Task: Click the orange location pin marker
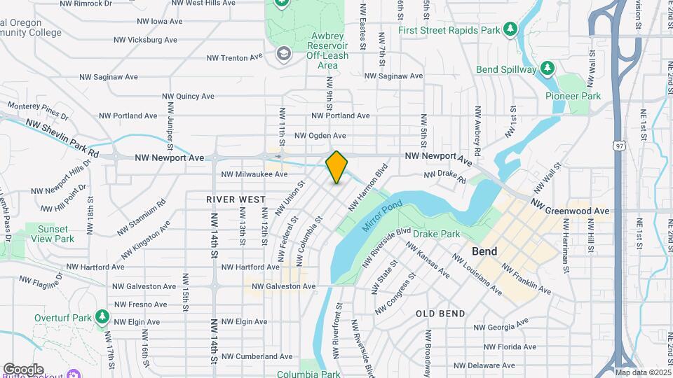pyautogui.click(x=336, y=167)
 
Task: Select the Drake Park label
pyautogui.click(x=436, y=234)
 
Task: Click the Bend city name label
pyautogui.click(x=484, y=251)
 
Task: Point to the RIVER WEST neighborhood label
pyautogui.click(x=236, y=199)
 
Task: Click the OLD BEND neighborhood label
pyautogui.click(x=441, y=314)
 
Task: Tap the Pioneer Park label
pyautogui.click(x=573, y=96)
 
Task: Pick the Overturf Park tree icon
pyautogui.click(x=103, y=317)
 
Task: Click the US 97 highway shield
pyautogui.click(x=618, y=146)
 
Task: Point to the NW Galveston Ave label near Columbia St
pyautogui.click(x=283, y=286)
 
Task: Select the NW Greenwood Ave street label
pyautogui.click(x=570, y=207)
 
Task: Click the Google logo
pyautogui.click(x=23, y=370)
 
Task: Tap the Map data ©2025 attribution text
pyautogui.click(x=642, y=372)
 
